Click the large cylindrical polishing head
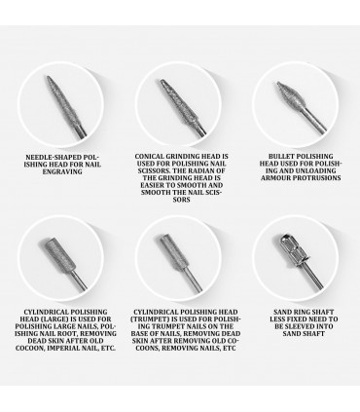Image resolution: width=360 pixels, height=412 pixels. [x=59, y=254]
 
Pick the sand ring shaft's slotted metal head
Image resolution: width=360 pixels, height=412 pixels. [x=293, y=250]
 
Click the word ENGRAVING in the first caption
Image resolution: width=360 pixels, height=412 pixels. [x=62, y=171]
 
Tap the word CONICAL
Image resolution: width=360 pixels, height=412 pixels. [x=149, y=156]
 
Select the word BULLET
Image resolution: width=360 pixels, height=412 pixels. [x=281, y=156]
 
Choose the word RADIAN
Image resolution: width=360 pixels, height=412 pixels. [x=204, y=170]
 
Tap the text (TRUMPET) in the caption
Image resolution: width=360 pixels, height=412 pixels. [x=146, y=319]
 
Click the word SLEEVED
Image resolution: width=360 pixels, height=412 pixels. [x=301, y=326]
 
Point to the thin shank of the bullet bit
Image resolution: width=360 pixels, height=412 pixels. [x=314, y=120]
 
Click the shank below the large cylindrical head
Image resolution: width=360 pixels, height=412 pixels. [x=79, y=280]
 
